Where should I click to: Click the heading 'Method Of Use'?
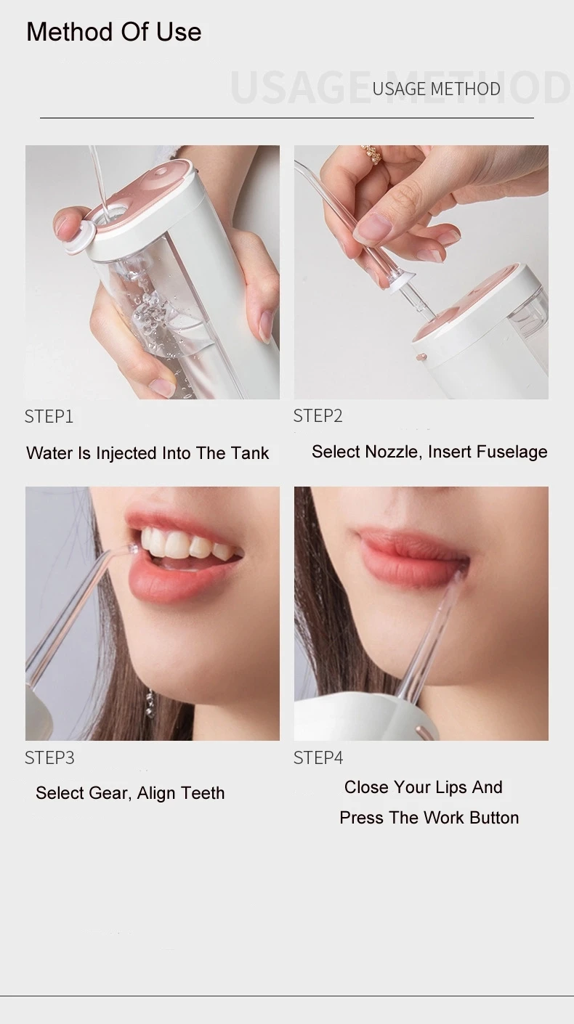(114, 32)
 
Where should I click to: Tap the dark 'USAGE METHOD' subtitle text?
(437, 89)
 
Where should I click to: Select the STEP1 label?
(49, 416)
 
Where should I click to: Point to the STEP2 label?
(318, 415)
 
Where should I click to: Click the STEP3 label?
(49, 757)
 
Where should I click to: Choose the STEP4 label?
(318, 757)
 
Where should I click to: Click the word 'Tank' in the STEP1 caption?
(250, 453)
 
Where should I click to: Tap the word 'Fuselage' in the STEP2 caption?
(512, 452)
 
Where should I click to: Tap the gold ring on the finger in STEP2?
(371, 155)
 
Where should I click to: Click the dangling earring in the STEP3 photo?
(149, 704)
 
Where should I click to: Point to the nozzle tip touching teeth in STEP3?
(133, 548)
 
